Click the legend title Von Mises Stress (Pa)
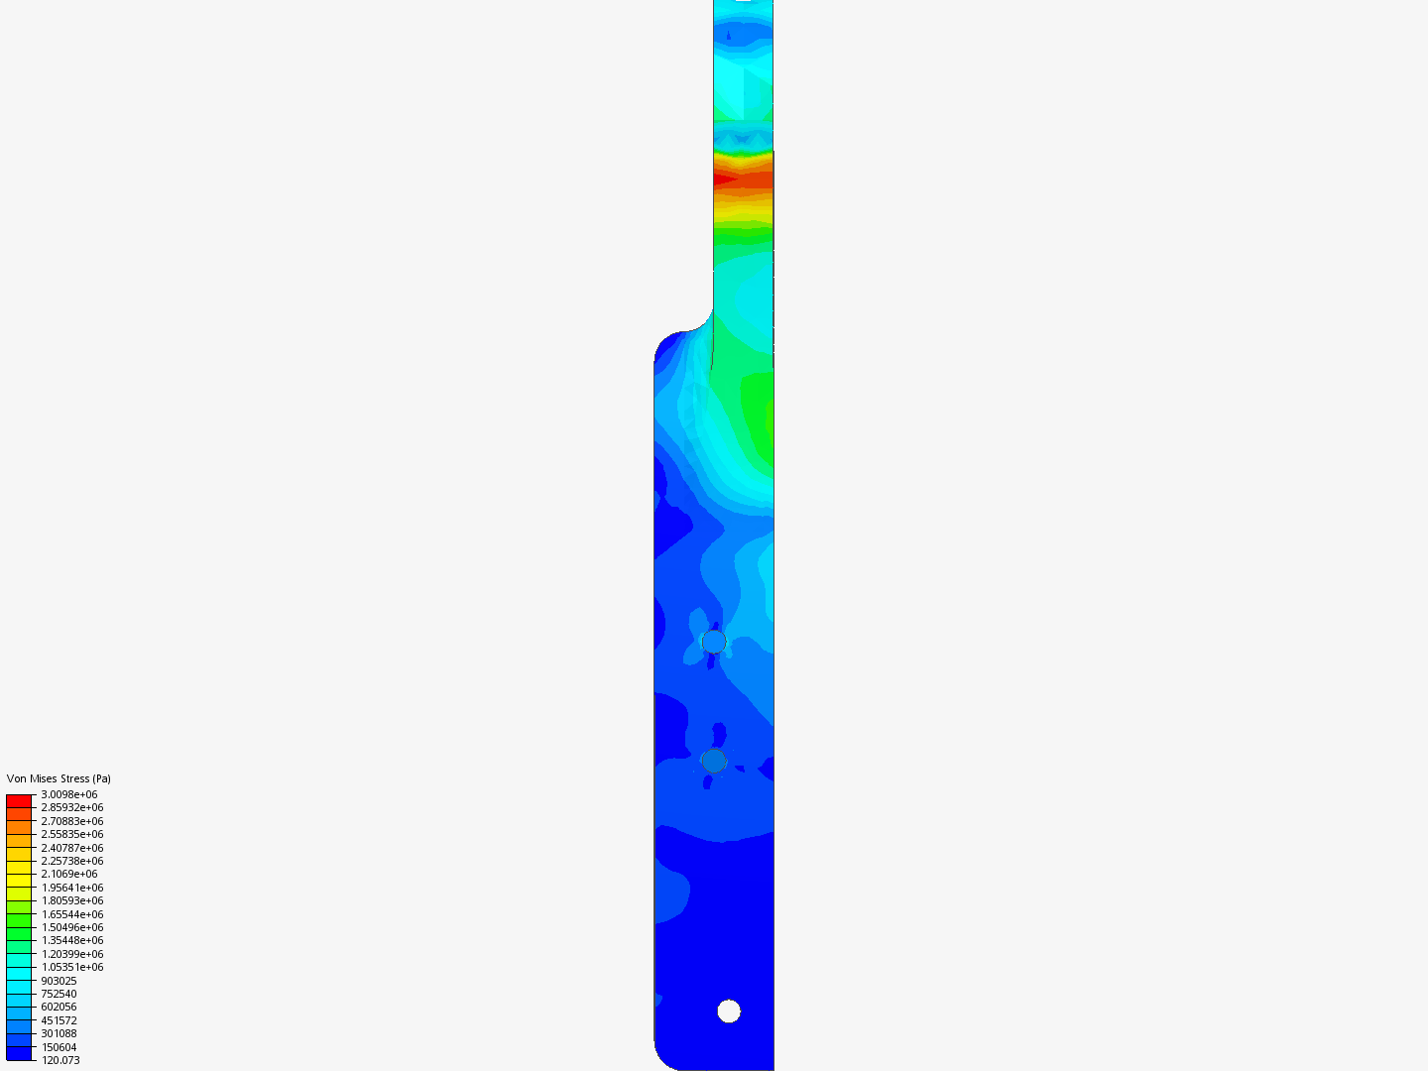coord(59,778)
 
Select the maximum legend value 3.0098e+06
coord(69,794)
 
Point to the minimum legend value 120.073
coord(60,1060)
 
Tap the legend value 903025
coord(59,981)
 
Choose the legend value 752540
coord(59,994)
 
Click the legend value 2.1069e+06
coord(69,874)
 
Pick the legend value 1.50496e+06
coord(72,927)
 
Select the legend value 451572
coord(59,1020)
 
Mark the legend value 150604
coord(59,1047)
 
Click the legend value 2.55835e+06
coord(72,834)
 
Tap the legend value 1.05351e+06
coord(72,967)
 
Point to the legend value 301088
coord(59,1033)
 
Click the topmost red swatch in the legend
coord(19,800)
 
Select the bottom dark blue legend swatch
coord(19,1053)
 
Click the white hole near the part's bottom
coord(729,1011)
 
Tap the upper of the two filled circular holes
coord(714,642)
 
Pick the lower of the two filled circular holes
coord(714,761)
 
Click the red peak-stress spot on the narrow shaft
coord(724,179)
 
